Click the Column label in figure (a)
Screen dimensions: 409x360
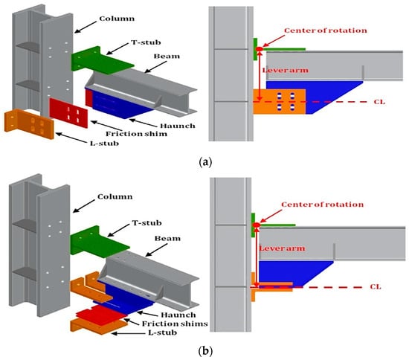tap(117, 19)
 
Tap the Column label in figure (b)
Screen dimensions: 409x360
tap(115, 196)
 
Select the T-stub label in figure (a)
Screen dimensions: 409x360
tap(146, 42)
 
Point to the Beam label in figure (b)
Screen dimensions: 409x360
tap(167, 239)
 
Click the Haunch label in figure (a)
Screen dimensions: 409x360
tap(178, 126)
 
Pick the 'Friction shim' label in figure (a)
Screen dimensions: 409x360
tap(136, 134)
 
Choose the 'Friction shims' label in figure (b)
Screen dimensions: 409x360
tap(175, 324)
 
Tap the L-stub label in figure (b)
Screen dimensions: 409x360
tap(163, 333)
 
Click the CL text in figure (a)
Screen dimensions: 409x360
tap(379, 102)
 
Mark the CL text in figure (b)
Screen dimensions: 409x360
tap(376, 287)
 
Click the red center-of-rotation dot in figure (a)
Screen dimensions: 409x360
tap(259, 49)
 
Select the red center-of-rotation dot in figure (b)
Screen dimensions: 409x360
tap(256, 225)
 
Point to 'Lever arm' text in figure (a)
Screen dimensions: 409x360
tap(286, 71)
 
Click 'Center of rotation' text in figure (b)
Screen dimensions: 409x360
tap(323, 205)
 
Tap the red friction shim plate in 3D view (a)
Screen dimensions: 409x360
tap(68, 113)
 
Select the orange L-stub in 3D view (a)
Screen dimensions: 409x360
tap(29, 124)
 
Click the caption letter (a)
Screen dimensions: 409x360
tap(205, 162)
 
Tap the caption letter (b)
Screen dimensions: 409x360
tap(205, 351)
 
